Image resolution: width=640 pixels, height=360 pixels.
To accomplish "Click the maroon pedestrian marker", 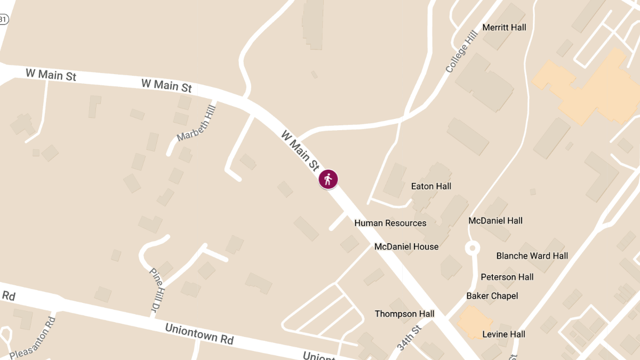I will (328, 179).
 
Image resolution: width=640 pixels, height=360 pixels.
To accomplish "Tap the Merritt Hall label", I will (504, 27).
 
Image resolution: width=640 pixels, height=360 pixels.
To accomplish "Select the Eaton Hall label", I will (431, 186).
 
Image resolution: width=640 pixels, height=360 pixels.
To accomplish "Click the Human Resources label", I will (390, 223).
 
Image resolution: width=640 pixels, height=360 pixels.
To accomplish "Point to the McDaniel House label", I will (406, 246).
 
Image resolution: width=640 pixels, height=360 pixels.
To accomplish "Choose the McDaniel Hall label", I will (495, 220).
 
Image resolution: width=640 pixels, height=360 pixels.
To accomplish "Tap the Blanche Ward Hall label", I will (532, 255).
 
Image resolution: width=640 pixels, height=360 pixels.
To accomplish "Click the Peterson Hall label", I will (507, 277).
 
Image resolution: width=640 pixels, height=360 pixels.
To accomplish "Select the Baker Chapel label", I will (492, 295).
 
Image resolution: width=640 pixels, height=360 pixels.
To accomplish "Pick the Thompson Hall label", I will (404, 314).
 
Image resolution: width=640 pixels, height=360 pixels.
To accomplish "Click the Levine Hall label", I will (503, 334).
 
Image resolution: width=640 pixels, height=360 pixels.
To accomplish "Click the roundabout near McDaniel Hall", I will (472, 248).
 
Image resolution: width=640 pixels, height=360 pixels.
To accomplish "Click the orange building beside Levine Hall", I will (474, 322).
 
